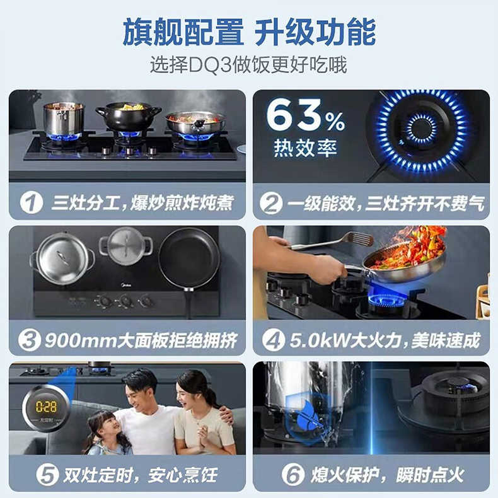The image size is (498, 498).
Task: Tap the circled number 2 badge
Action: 272,203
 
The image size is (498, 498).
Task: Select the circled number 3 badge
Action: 29,341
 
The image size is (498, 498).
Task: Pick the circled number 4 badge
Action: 274,341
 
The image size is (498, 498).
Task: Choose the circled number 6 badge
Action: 292,475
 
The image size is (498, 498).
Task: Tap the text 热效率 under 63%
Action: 305,148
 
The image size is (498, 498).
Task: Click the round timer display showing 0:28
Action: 45,407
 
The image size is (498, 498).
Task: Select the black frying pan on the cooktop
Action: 188,258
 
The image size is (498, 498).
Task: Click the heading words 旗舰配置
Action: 182,32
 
